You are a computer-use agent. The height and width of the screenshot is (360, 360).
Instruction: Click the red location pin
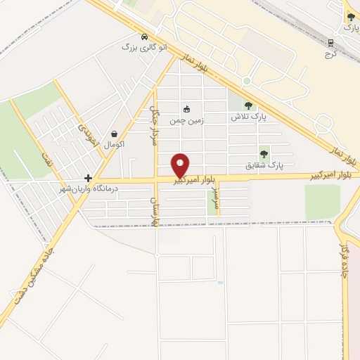(181, 165)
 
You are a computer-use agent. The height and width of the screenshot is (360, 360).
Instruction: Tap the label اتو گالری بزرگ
(146, 48)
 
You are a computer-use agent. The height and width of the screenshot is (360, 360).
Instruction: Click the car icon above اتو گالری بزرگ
(144, 37)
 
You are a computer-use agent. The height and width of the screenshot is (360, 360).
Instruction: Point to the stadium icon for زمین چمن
(187, 109)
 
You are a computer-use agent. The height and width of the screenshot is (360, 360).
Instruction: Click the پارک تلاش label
(249, 117)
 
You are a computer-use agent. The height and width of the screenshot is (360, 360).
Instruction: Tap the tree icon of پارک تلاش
(248, 106)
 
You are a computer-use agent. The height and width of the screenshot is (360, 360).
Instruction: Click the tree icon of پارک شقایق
(264, 154)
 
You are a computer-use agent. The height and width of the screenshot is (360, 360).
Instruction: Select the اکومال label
(114, 144)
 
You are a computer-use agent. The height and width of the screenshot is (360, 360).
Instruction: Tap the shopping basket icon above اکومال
(114, 134)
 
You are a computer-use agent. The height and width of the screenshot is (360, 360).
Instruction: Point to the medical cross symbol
(88, 179)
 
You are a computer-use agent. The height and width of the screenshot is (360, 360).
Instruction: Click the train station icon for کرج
(330, 42)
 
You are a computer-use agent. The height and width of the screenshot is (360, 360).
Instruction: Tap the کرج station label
(333, 53)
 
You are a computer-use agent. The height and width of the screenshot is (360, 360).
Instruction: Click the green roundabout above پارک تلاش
(247, 82)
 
